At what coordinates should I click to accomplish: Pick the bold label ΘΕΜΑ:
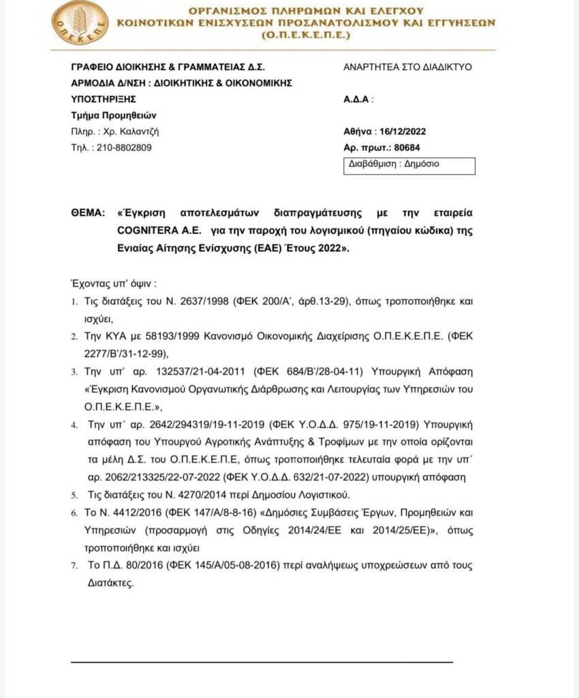(x=89, y=213)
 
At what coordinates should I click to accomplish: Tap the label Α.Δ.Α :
(x=359, y=99)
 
